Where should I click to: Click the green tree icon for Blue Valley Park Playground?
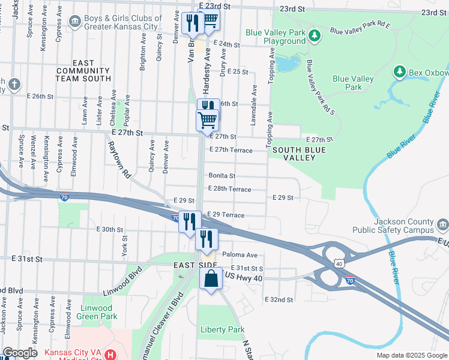[313, 37]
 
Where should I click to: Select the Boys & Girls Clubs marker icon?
[74, 22]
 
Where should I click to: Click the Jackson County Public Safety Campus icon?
[442, 226]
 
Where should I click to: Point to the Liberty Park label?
[222, 329]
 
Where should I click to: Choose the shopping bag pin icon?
[211, 279]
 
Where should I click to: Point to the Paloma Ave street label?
[240, 254]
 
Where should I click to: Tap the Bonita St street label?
[221, 176]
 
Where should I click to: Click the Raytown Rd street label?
[119, 160]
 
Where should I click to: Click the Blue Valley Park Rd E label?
[360, 28]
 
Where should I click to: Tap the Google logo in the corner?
[20, 353]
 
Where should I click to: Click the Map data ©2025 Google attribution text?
[411, 355]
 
